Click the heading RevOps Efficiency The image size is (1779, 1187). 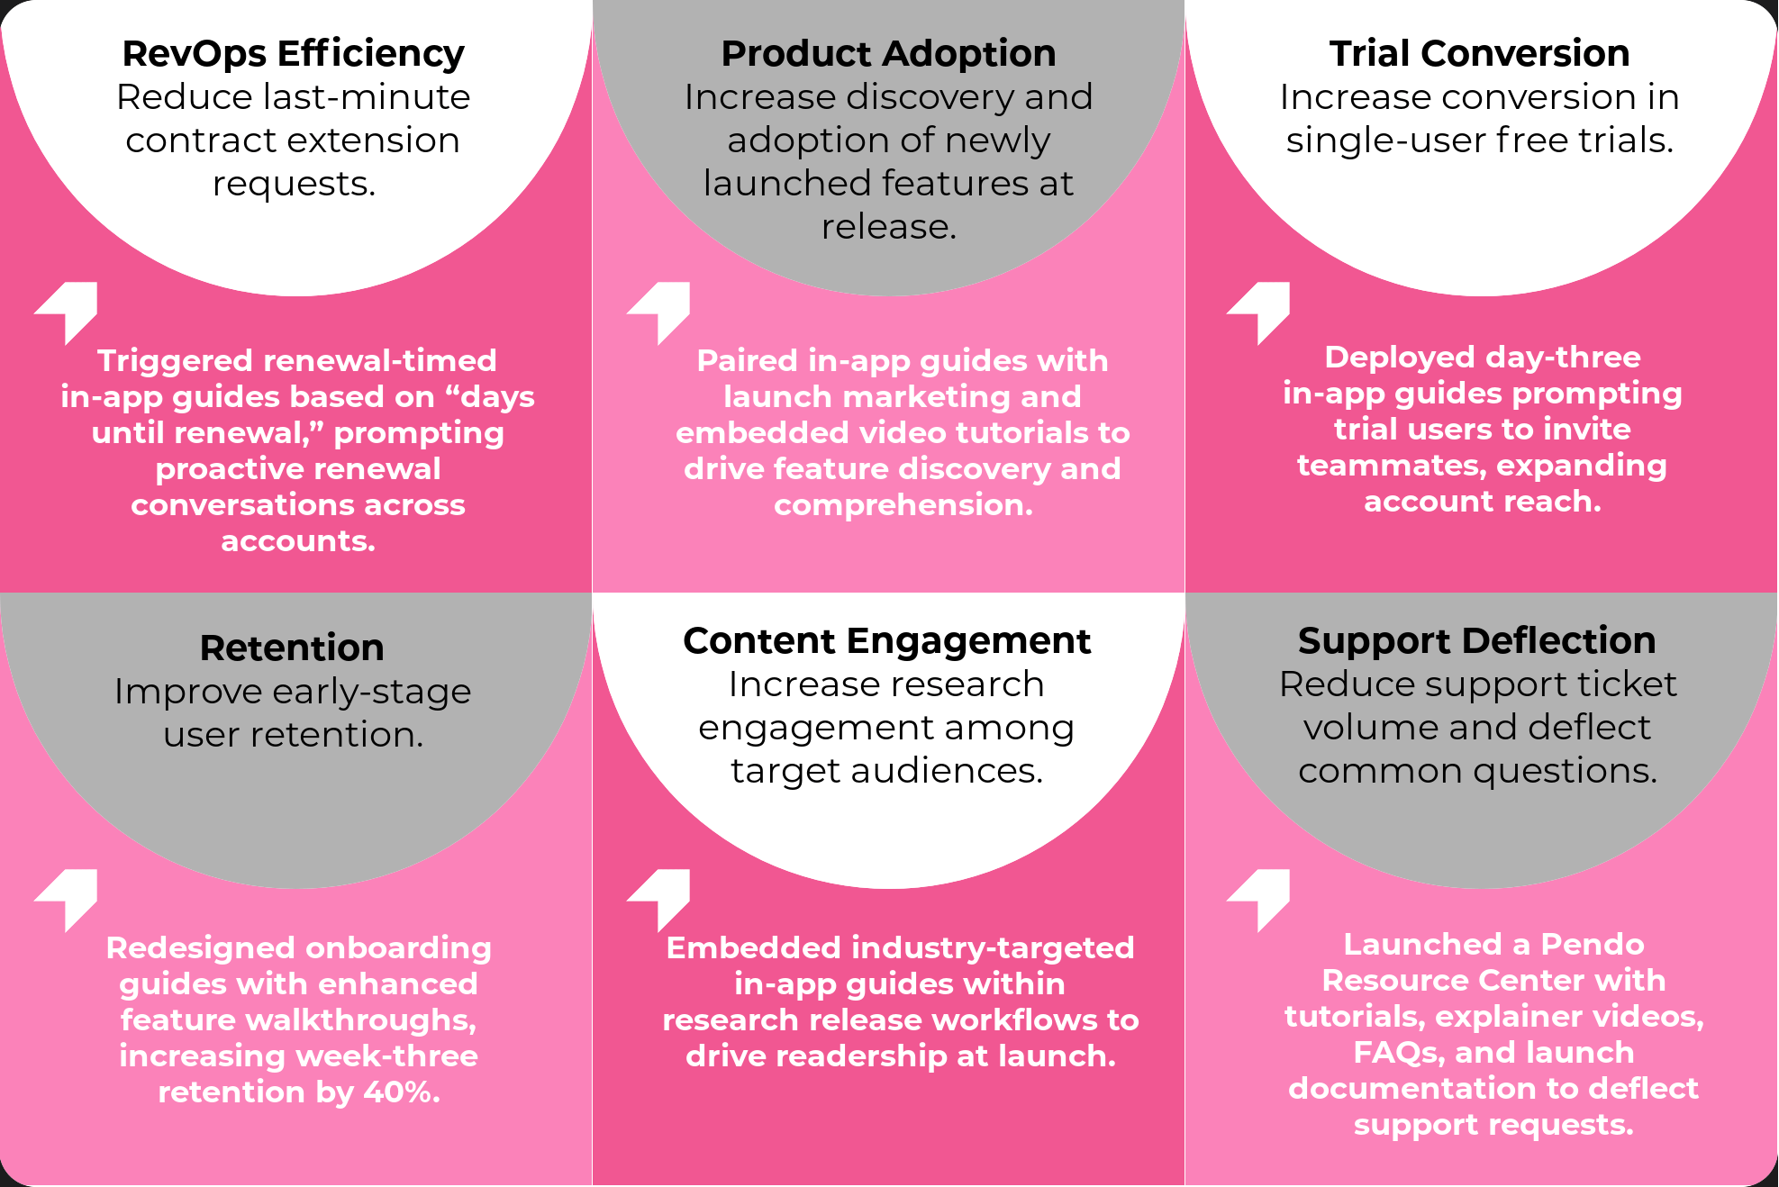293,54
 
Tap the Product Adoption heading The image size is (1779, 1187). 888,54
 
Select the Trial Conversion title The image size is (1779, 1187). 1479,54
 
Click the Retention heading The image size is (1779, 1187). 292,648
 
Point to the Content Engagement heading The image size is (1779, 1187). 886,641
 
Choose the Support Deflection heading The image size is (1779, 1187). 1476,641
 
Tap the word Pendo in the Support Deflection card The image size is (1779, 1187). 1592,944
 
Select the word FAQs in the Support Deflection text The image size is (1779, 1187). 1394,1053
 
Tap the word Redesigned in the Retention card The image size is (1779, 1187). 200,948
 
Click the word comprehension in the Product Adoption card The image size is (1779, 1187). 903,505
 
